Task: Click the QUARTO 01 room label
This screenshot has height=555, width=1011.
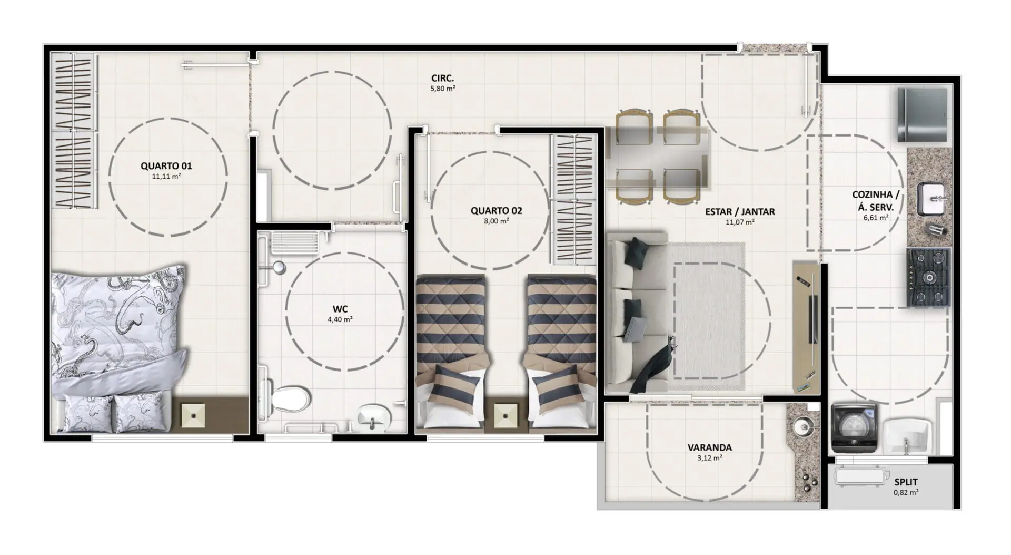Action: click(x=166, y=166)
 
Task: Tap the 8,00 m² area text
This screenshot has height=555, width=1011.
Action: click(x=497, y=221)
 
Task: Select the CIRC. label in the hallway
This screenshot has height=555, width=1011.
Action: click(x=442, y=79)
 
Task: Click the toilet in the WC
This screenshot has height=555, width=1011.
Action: click(x=289, y=399)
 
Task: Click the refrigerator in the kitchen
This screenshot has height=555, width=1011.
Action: click(x=922, y=115)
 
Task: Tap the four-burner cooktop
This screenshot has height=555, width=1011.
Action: click(x=928, y=277)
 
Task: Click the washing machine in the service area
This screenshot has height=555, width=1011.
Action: click(x=854, y=429)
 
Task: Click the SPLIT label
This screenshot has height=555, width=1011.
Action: click(x=906, y=482)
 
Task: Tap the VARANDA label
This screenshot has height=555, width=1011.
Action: click(x=709, y=448)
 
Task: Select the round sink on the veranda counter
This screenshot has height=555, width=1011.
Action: click(x=803, y=425)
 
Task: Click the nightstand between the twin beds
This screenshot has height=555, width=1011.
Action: click(x=506, y=416)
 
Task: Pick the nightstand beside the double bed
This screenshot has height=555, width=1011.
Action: click(x=195, y=415)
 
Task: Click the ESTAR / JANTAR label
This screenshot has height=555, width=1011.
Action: click(x=740, y=212)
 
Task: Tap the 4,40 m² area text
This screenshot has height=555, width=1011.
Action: click(x=340, y=319)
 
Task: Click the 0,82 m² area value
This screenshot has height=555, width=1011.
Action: click(x=906, y=493)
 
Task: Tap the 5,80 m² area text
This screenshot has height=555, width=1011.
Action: click(x=443, y=89)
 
